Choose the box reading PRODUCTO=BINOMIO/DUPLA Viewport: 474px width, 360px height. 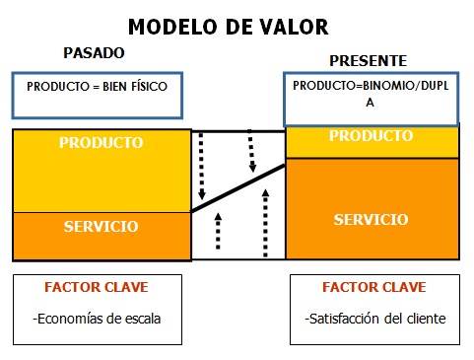tap(372, 95)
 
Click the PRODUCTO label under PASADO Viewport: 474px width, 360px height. tap(101, 143)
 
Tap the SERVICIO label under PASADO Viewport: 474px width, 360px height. tap(101, 227)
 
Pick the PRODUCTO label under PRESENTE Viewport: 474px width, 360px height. tap(372, 135)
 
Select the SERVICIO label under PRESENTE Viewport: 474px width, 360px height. tap(372, 219)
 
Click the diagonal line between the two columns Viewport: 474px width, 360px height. tap(238, 186)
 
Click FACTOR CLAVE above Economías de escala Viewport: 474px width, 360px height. tap(97, 288)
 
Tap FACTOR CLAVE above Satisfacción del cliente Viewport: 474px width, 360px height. tap(374, 288)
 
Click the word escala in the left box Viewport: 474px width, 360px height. tap(142, 319)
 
